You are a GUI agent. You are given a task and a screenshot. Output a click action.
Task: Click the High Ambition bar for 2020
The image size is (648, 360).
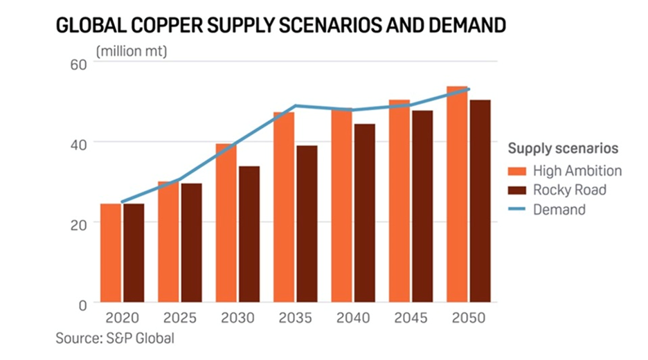[x=111, y=253]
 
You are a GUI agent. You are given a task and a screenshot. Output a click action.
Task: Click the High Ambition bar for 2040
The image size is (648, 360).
[x=342, y=206]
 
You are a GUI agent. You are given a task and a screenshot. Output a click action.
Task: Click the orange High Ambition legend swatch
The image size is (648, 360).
[x=517, y=171]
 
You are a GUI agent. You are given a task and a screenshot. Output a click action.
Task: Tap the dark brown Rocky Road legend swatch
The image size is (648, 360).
[x=517, y=190]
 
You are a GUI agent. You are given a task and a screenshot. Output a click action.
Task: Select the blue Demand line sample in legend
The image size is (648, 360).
[x=517, y=209]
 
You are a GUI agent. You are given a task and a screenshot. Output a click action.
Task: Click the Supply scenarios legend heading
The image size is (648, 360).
[x=563, y=148]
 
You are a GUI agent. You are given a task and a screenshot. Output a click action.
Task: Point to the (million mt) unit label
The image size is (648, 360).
[x=132, y=50]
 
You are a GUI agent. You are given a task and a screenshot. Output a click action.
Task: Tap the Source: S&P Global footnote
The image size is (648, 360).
[x=114, y=339]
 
